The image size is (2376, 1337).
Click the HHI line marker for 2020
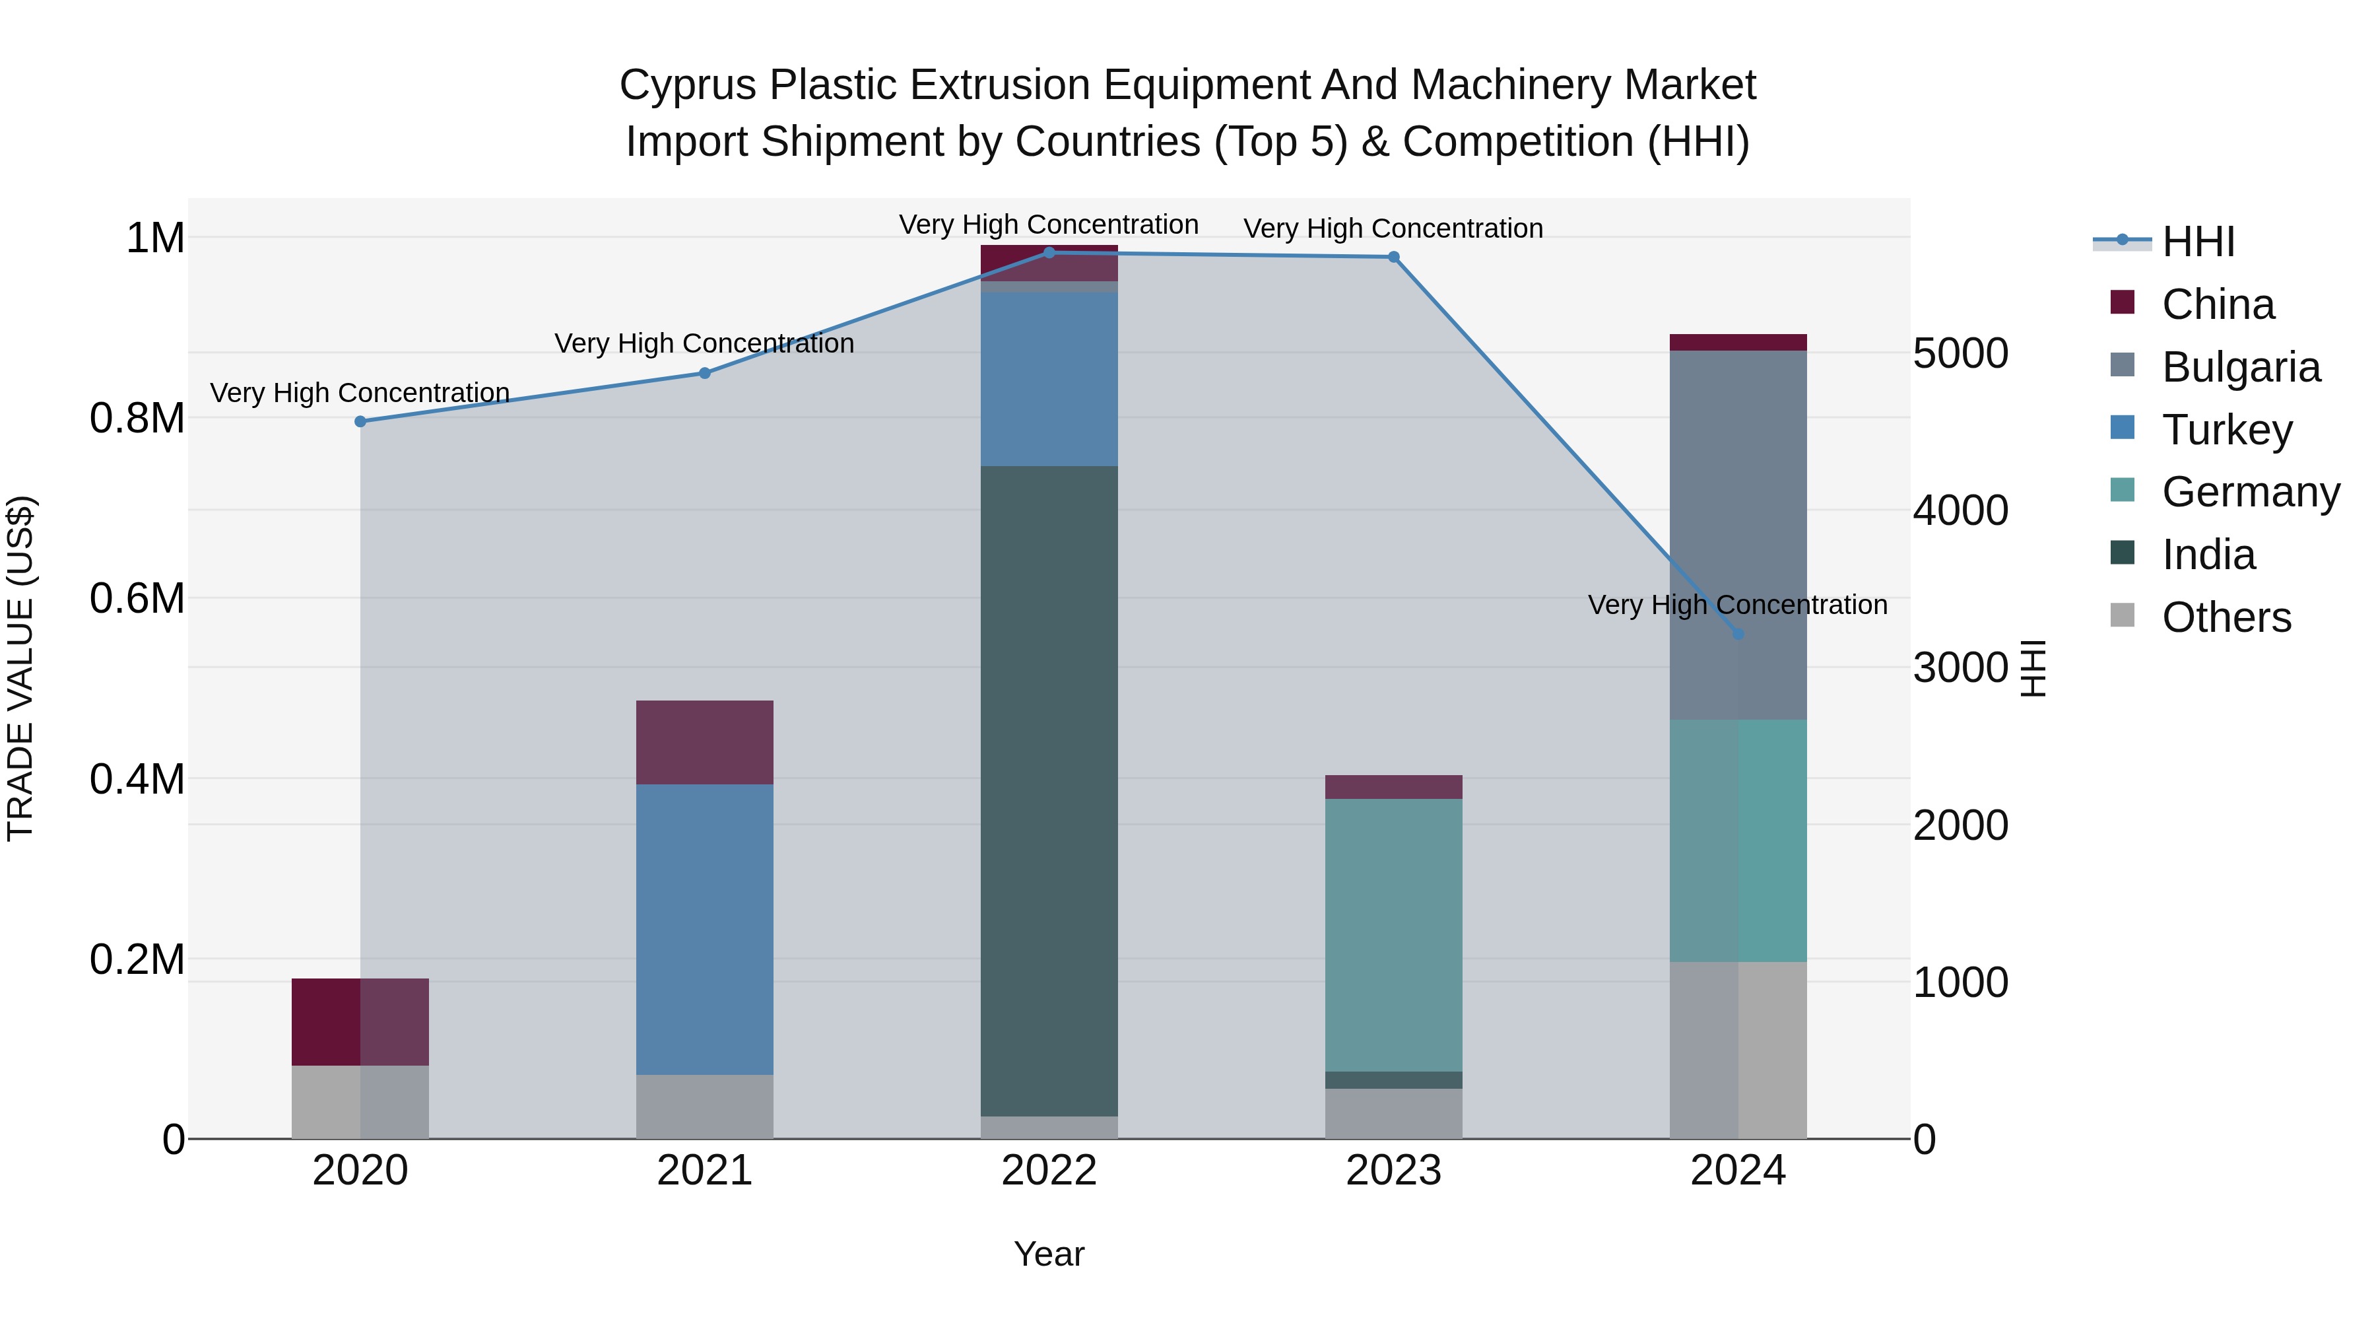[360, 422]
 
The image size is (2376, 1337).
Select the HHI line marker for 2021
[705, 374]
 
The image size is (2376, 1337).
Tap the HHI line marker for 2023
[1394, 257]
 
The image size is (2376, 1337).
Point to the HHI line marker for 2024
[1738, 634]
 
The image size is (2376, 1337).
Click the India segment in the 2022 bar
[1049, 791]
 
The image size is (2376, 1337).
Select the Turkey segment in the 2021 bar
[705, 929]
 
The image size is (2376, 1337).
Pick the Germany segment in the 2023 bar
[1394, 935]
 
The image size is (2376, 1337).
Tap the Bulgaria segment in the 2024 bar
[1738, 535]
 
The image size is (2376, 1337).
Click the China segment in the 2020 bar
[360, 1021]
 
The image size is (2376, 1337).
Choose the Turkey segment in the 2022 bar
[1049, 379]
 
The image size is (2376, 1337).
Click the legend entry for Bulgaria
[2241, 367]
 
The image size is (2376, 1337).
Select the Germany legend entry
[2250, 492]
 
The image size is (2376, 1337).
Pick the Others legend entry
[2226, 617]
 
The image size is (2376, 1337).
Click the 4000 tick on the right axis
[1960, 510]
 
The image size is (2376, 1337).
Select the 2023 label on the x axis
[1394, 1171]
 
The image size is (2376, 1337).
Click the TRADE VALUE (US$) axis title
[21, 668]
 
